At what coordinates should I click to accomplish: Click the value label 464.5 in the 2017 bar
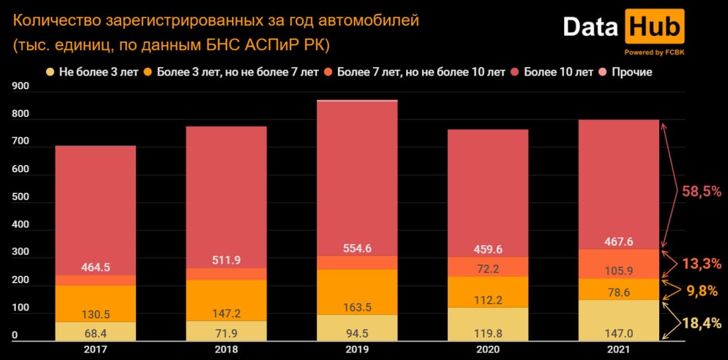tap(96, 267)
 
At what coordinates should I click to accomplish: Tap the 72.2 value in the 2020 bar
tap(488, 268)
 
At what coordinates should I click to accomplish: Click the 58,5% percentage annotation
tap(702, 192)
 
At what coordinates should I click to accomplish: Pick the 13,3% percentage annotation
tap(702, 263)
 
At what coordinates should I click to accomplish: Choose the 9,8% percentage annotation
tap(702, 291)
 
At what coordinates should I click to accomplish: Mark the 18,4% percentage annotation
tap(702, 324)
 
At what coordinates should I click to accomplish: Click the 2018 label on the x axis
tap(226, 350)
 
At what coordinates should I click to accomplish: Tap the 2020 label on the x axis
tap(488, 350)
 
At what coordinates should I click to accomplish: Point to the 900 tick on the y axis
tap(19, 86)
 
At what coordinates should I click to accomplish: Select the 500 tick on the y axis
tap(19, 197)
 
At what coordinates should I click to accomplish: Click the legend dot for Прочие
tap(603, 72)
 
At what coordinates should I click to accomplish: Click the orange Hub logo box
tap(654, 27)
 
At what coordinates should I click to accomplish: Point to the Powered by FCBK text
tap(654, 52)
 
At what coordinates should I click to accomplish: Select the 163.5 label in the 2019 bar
tap(357, 308)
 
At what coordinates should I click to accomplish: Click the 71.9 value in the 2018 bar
tap(226, 331)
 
